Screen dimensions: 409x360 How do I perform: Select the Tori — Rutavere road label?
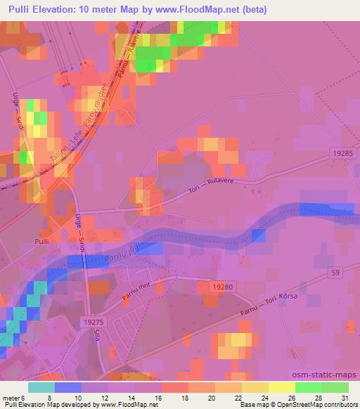222,186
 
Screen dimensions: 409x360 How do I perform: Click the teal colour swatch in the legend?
41,387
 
